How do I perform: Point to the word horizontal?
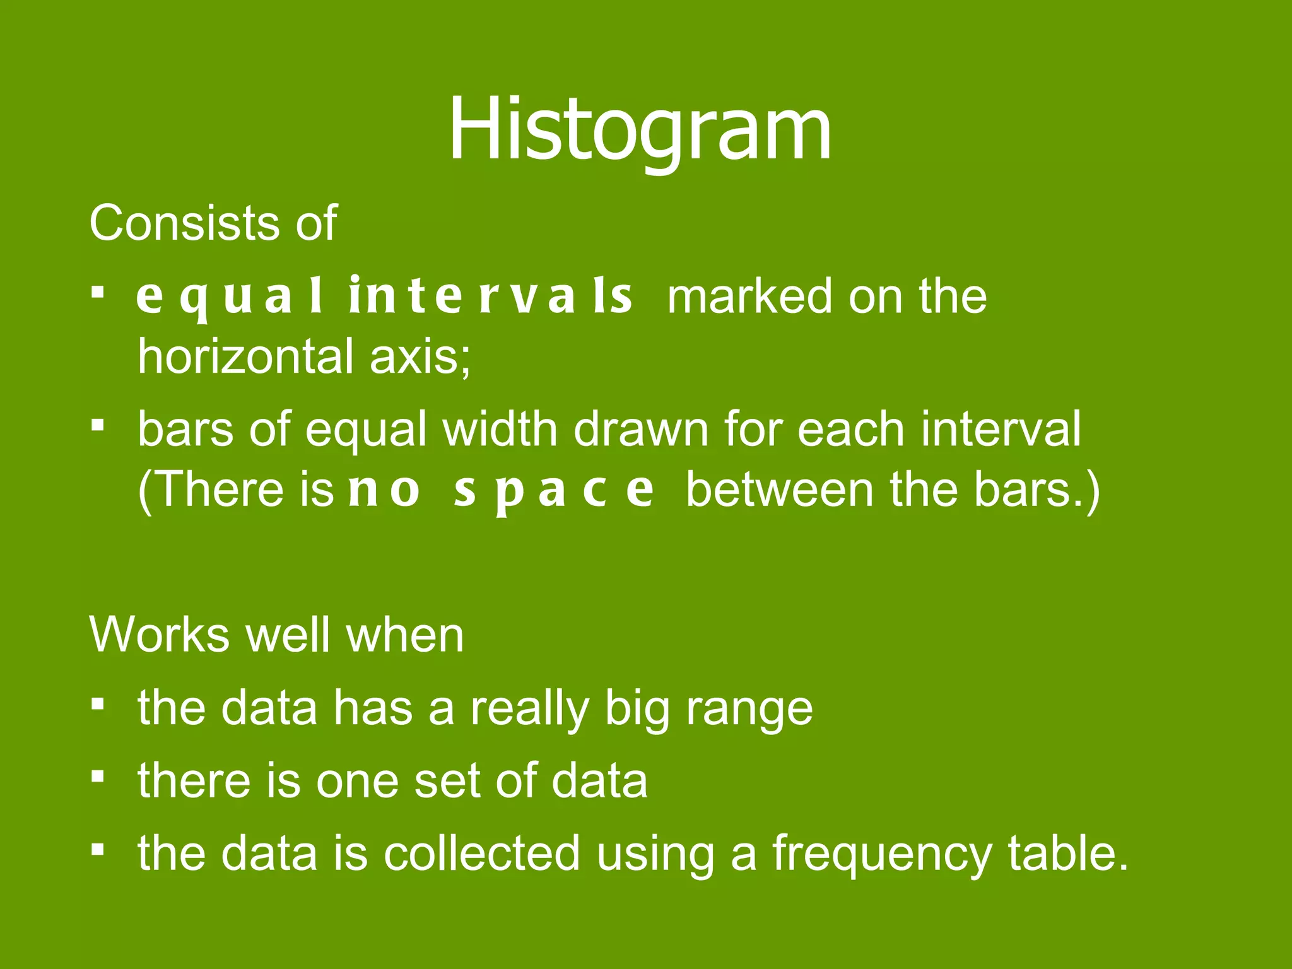245,356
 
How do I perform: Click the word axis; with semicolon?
420,356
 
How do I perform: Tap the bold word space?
554,490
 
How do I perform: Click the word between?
780,490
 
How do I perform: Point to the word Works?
160,635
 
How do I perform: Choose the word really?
529,708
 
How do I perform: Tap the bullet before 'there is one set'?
97,776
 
